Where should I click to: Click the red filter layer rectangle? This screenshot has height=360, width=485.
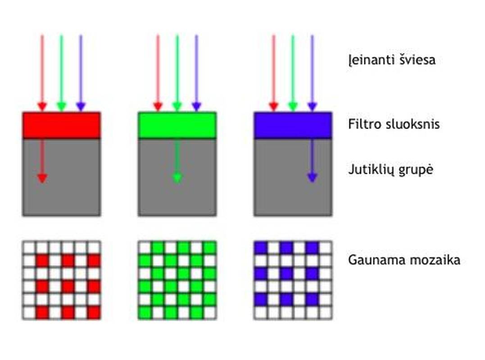click(x=61, y=125)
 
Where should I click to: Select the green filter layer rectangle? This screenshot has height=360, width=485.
click(x=177, y=125)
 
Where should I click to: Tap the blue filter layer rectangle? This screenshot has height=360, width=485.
click(x=293, y=125)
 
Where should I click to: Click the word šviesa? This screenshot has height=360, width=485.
click(x=417, y=60)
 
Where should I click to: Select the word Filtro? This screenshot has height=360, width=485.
click(x=362, y=124)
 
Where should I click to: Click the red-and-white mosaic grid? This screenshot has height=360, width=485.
click(x=61, y=280)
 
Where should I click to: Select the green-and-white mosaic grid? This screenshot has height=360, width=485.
click(x=177, y=280)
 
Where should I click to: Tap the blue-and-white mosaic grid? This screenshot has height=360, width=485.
click(x=293, y=280)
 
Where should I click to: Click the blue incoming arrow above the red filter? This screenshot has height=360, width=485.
click(x=81, y=72)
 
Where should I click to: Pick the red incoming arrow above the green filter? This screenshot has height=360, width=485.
click(x=158, y=72)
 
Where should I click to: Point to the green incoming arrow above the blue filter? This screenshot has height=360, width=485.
click(x=293, y=72)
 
